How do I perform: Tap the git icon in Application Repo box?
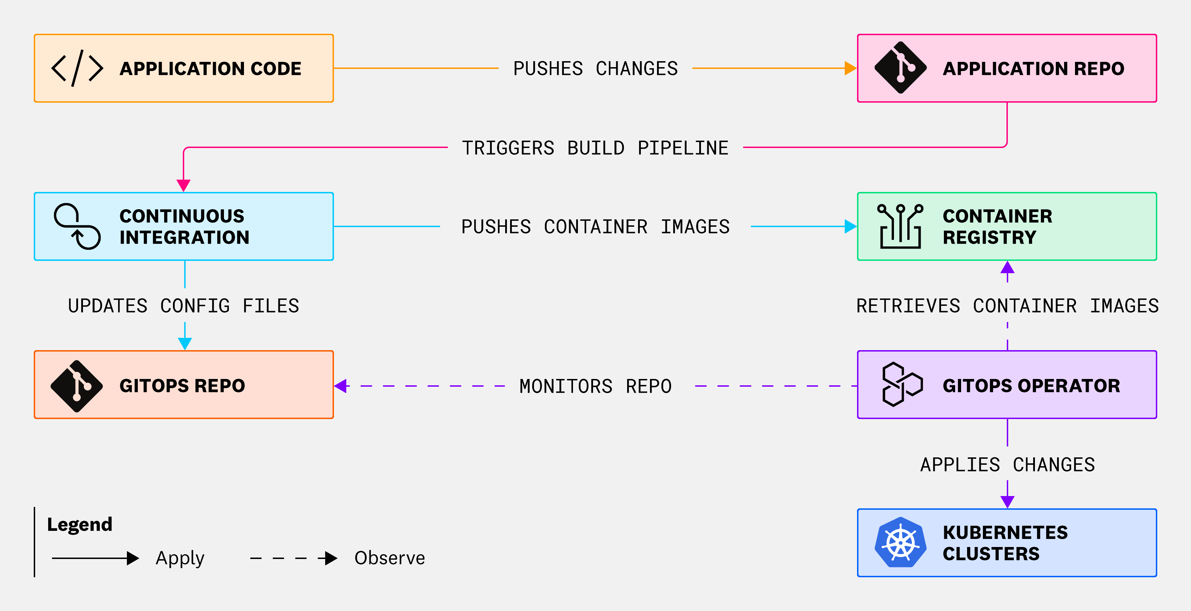[900, 68]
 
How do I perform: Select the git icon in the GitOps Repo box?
[77, 386]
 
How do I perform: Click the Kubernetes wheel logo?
[900, 542]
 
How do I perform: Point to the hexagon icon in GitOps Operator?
[902, 384]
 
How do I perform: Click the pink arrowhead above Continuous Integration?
[184, 185]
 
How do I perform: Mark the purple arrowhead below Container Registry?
[1007, 268]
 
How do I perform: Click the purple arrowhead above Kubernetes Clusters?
[1007, 501]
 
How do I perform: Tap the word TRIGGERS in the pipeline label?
[508, 148]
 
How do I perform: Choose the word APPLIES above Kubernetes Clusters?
[960, 464]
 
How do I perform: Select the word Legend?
[79, 525]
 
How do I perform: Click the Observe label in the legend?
[389, 558]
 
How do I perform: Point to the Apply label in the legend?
[180, 558]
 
